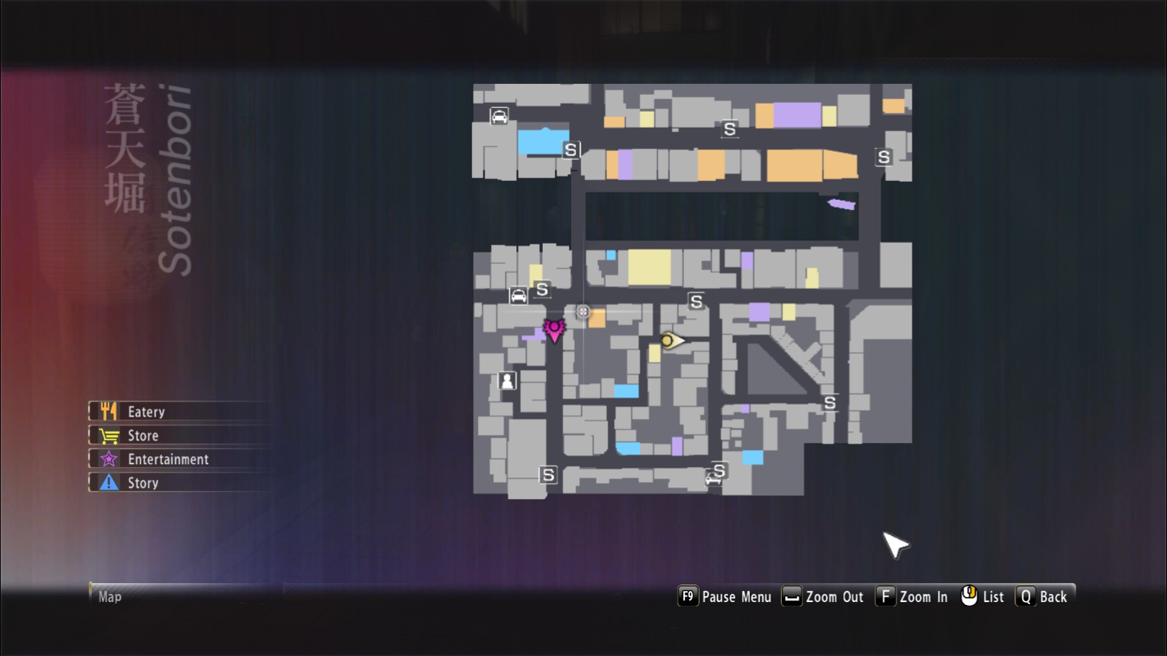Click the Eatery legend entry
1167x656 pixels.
pyautogui.click(x=179, y=411)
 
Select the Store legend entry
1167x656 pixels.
pyautogui.click(x=179, y=435)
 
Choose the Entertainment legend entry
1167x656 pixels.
pyautogui.click(x=179, y=459)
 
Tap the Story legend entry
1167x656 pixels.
pyautogui.click(x=179, y=482)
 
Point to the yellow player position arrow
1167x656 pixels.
pyautogui.click(x=672, y=341)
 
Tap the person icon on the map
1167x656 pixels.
pyautogui.click(x=507, y=380)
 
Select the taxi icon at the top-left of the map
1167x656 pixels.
pyautogui.click(x=499, y=116)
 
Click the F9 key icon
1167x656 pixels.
pyautogui.click(x=688, y=596)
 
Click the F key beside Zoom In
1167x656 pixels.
pyautogui.click(x=885, y=596)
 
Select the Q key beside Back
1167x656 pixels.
pyautogui.click(x=1026, y=596)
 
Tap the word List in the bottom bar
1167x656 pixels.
pyautogui.click(x=993, y=597)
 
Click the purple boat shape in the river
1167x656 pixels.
pyautogui.click(x=842, y=204)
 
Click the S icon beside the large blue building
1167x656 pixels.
pyautogui.click(x=570, y=150)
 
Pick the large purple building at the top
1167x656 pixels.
pyautogui.click(x=797, y=115)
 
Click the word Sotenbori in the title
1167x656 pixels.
pyautogui.click(x=175, y=180)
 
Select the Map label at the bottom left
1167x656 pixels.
pyautogui.click(x=110, y=597)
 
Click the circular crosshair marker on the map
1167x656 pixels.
pyautogui.click(x=583, y=312)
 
